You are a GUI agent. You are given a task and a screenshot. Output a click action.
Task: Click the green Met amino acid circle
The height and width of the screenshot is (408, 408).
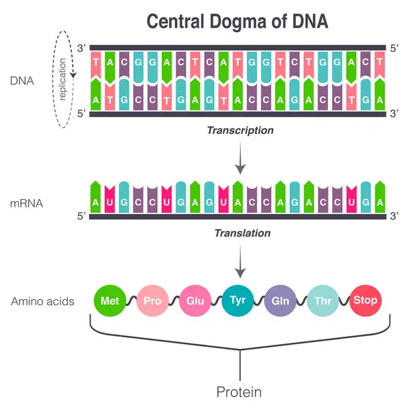109,300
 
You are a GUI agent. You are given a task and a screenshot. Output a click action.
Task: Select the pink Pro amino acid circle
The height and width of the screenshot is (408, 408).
152,300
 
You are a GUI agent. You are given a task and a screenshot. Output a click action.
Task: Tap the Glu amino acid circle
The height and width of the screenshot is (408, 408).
196,300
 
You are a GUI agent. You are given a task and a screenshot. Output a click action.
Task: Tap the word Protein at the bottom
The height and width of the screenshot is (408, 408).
239,392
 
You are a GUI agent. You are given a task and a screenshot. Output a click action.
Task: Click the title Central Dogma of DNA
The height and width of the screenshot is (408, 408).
238,22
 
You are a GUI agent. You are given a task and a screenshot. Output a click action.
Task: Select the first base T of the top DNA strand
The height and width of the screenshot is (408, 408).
96,63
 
